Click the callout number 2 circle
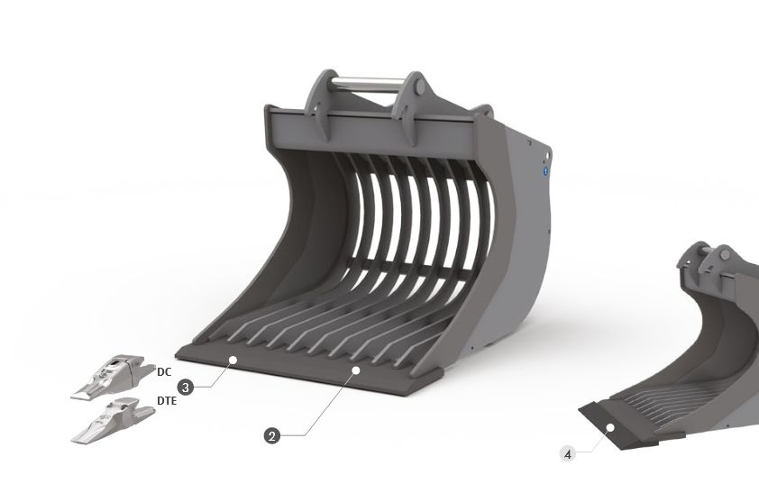coord(271,435)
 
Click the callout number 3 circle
coord(185,387)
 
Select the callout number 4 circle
coord(567,454)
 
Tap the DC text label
coord(164,371)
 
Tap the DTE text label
coord(166,400)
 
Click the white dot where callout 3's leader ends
coord(233,360)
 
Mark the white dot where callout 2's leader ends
coord(356,370)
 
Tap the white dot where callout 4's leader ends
coord(611,427)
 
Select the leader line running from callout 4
coord(590,442)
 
